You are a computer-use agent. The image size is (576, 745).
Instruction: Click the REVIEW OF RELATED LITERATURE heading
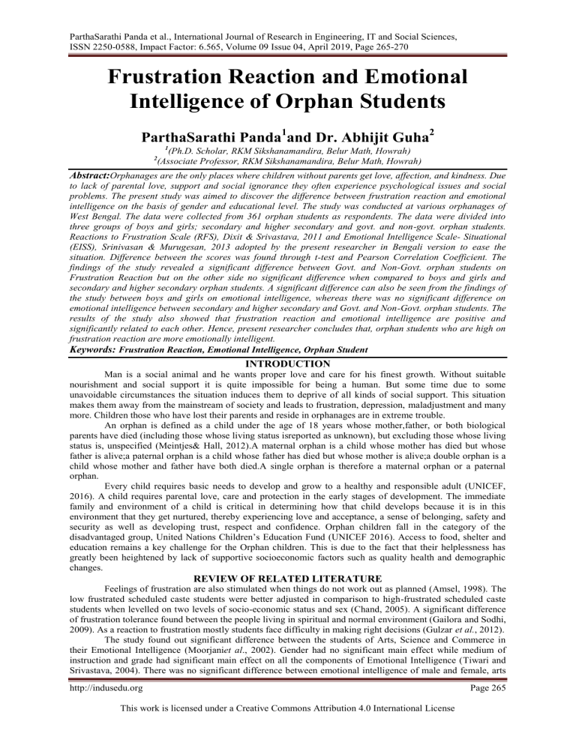[x=287, y=562]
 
